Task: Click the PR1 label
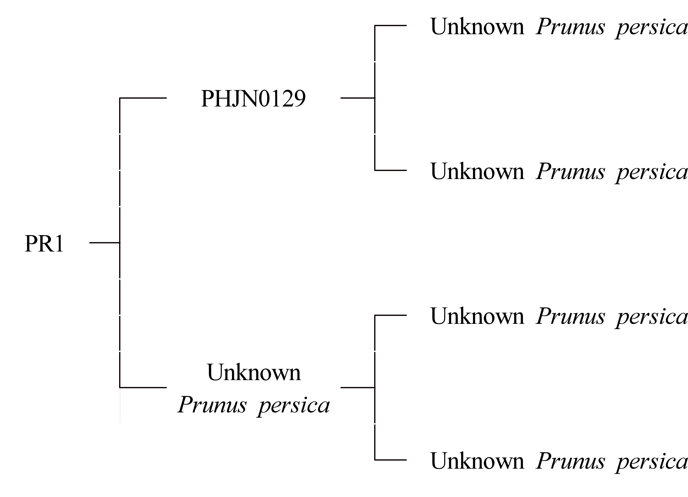tap(44, 244)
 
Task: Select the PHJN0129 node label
tap(253, 99)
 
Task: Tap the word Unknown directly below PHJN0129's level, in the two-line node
tap(254, 372)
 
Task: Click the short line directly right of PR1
tap(105, 243)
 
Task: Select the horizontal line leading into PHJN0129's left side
tap(143, 98)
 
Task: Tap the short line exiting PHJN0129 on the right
tap(358, 98)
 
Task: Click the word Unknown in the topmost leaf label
tap(477, 27)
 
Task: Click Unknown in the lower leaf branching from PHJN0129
tap(477, 171)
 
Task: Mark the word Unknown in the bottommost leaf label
tap(477, 461)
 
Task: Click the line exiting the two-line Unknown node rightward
tap(358, 387)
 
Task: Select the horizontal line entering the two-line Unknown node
tap(143, 387)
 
